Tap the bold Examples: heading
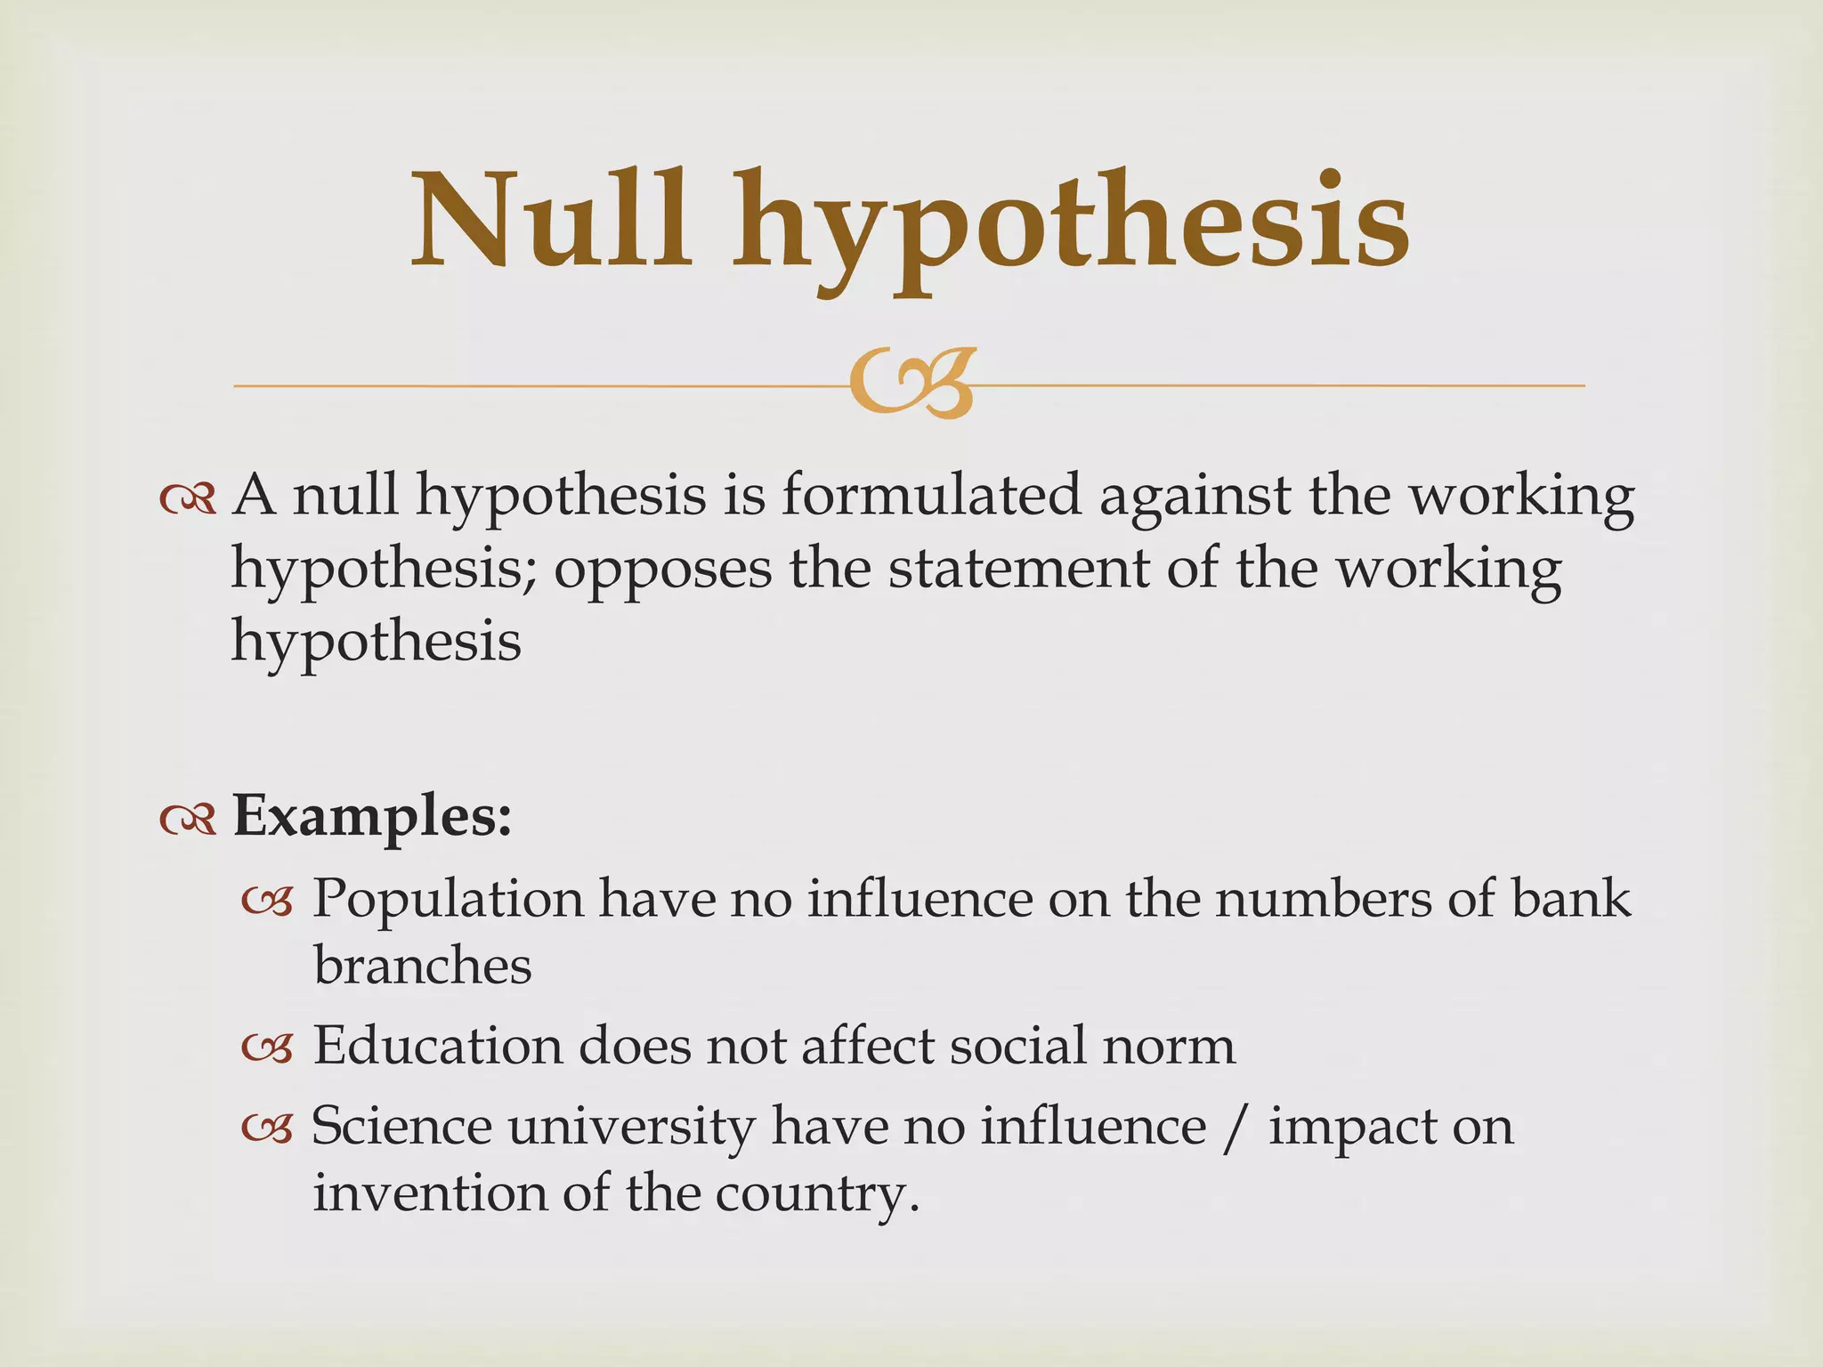(x=372, y=817)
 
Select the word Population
(x=448, y=899)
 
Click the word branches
(x=423, y=967)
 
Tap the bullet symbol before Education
(x=268, y=1050)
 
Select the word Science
(x=401, y=1126)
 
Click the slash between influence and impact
(x=1233, y=1128)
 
